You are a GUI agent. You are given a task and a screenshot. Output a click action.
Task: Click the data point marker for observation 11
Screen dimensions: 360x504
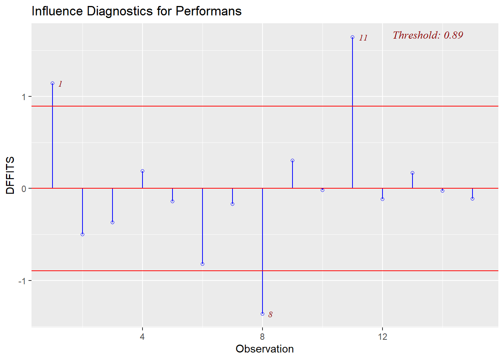pos(352,37)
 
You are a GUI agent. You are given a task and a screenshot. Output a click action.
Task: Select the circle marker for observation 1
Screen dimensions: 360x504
pos(52,83)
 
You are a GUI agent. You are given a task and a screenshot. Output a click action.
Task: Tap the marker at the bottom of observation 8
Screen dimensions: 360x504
pos(262,314)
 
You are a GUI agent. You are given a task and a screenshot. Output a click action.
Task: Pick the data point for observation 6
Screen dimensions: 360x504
pos(202,264)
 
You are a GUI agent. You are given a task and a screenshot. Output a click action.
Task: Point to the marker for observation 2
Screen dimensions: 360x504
pos(82,234)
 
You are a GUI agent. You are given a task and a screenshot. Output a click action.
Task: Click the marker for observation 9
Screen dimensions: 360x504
pos(292,160)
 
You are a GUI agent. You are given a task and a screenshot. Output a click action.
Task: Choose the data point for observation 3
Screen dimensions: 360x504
pos(112,222)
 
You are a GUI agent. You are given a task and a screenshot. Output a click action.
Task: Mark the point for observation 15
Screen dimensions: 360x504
pos(472,199)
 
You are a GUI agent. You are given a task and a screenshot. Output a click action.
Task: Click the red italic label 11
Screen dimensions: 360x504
pos(363,38)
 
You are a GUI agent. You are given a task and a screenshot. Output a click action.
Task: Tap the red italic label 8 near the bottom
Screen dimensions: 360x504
pos(270,315)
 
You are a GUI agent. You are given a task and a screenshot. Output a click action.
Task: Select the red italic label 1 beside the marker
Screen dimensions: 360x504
pos(60,84)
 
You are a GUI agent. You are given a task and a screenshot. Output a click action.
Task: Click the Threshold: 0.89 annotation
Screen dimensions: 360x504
pos(428,35)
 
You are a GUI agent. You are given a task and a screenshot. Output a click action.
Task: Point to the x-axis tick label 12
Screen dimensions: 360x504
pos(382,336)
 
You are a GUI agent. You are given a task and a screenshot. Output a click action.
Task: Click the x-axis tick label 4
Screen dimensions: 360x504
pos(142,336)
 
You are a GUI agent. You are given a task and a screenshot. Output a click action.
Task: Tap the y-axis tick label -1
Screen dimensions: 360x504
pos(23,281)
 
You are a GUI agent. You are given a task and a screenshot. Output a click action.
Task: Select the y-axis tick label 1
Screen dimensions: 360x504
pos(24,97)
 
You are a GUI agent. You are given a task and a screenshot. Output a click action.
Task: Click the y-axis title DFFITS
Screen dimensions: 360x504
pos(10,175)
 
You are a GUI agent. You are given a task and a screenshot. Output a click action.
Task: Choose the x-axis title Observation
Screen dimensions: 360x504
pos(264,349)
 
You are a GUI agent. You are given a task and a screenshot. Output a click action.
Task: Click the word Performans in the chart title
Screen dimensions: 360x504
pos(208,11)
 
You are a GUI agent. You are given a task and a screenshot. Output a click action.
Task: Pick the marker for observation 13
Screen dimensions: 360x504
pos(412,173)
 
